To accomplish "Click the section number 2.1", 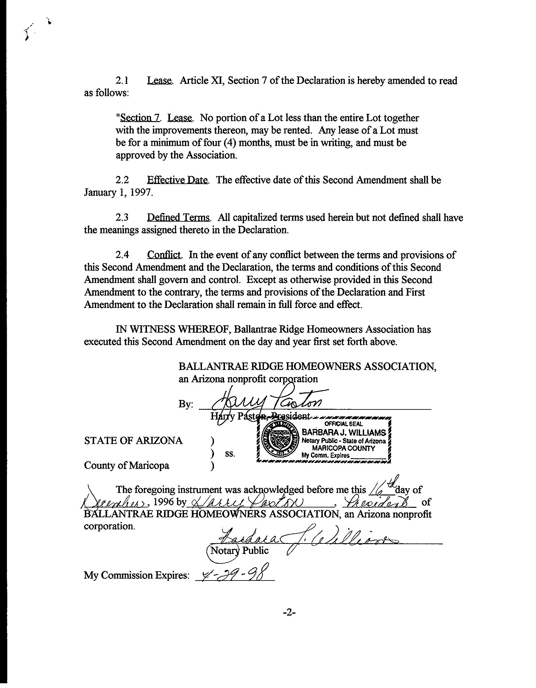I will pos(122,81).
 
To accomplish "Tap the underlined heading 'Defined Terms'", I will pos(179,218).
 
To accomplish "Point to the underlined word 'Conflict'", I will pos(164,255).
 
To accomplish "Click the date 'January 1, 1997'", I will pos(118,193).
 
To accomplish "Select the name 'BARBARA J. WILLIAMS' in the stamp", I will pos(344,432).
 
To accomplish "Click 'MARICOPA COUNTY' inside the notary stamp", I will pos(343,448).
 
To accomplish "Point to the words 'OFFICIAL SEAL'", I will pos(344,424).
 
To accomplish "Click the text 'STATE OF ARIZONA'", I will pos(133,441).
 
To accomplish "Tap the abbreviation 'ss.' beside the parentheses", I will pos(230,454).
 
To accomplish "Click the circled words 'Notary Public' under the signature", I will pos(239,550).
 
